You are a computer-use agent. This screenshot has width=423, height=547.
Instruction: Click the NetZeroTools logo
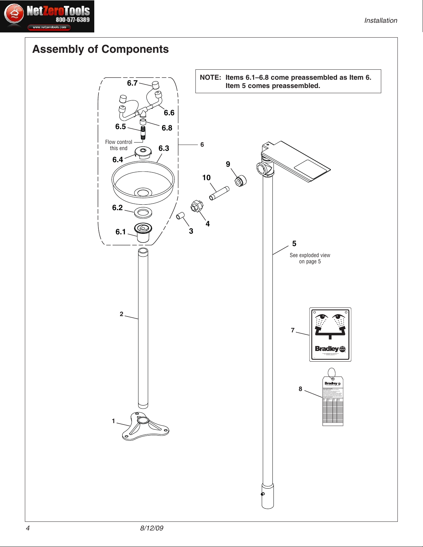pyautogui.click(x=47, y=17)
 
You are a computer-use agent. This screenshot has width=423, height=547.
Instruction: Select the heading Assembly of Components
pyautogui.click(x=100, y=49)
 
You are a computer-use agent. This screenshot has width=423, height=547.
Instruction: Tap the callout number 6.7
pyautogui.click(x=132, y=83)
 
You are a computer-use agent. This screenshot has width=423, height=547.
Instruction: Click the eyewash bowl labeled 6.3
pyautogui.click(x=143, y=183)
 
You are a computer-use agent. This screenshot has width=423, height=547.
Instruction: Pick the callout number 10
pyautogui.click(x=206, y=178)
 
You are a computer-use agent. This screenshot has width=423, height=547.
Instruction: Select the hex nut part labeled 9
pyautogui.click(x=240, y=180)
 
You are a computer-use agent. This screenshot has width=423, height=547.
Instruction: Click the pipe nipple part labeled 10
pyautogui.click(x=219, y=193)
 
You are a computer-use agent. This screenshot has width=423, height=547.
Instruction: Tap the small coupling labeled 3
pyautogui.click(x=180, y=216)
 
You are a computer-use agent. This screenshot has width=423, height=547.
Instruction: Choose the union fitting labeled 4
pyautogui.click(x=196, y=206)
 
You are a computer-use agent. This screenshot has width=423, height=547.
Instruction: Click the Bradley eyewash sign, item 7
pyautogui.click(x=330, y=334)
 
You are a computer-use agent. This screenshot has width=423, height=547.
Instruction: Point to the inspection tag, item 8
pyautogui.click(x=333, y=402)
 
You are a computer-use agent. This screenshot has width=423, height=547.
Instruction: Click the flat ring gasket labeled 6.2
pyautogui.click(x=143, y=213)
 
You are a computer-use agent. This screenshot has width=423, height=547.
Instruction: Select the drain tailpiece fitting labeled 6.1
pyautogui.click(x=143, y=232)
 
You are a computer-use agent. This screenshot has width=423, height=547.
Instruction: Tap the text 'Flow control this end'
pyautogui.click(x=118, y=145)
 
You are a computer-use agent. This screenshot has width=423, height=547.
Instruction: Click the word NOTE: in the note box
pyautogui.click(x=210, y=78)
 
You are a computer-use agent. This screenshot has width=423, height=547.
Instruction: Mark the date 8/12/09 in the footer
pyautogui.click(x=152, y=528)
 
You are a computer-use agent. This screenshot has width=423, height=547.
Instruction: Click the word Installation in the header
pyautogui.click(x=381, y=21)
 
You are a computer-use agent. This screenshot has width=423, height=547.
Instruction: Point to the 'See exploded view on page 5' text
pyautogui.click(x=310, y=258)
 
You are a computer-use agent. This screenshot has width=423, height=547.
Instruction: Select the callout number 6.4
pyautogui.click(x=118, y=160)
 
